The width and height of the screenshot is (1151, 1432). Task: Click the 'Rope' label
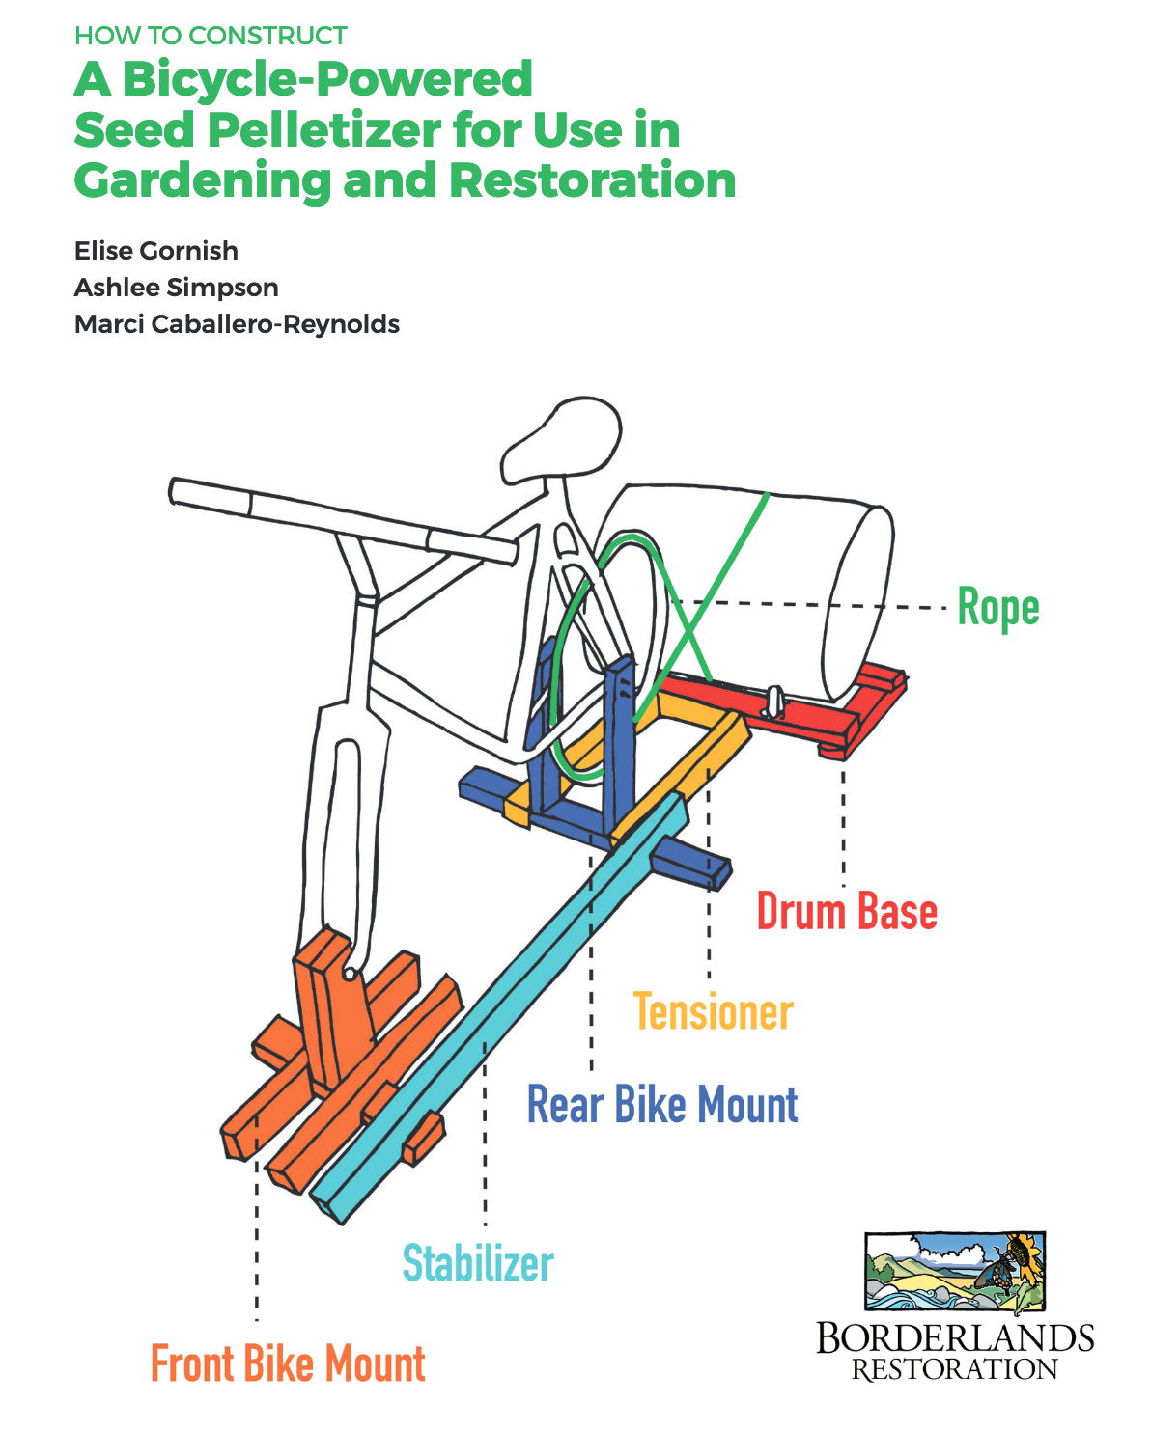997,608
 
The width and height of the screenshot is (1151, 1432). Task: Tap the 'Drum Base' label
847,912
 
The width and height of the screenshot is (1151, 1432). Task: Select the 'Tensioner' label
714,1012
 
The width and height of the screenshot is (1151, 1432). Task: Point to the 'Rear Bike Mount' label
662,1105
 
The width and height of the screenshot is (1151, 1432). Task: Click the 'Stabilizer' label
478,1264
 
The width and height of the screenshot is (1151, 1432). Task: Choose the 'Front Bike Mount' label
288,1364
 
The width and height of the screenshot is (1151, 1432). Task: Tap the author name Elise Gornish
156,251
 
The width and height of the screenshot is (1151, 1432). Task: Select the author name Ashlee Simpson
177,288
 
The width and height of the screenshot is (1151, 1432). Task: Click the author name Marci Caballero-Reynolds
237,324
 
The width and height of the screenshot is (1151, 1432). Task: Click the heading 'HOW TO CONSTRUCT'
211,36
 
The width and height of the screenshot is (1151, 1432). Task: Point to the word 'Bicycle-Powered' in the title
327,79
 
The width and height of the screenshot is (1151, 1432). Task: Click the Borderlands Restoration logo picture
955,1272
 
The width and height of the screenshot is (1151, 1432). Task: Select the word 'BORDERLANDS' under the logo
955,1338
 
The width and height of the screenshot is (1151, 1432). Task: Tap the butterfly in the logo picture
1004,1265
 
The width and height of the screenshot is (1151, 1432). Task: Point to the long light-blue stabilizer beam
502,1013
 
